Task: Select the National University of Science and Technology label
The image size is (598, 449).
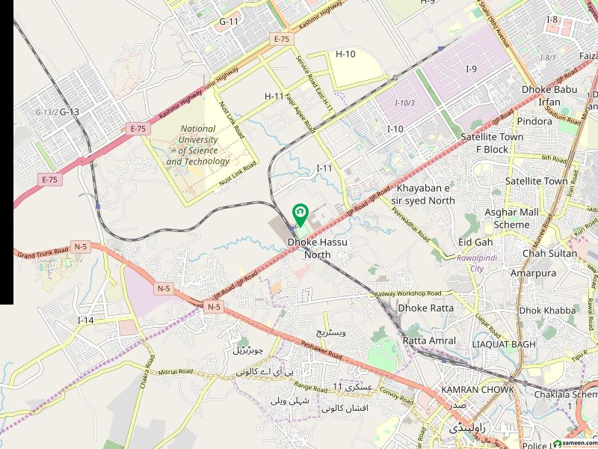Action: tap(198, 145)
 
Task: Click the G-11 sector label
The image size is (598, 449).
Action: tap(228, 22)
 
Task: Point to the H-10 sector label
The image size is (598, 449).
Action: tap(345, 54)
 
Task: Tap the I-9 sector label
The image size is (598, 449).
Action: tap(471, 70)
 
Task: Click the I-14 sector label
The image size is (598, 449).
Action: tap(86, 320)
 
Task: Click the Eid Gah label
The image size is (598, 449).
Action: tap(475, 242)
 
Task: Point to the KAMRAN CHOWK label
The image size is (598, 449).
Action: tap(477, 390)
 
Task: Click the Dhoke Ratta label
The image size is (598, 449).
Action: tap(425, 308)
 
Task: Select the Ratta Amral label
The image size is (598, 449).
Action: tap(429, 340)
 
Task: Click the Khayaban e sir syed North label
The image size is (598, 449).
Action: tap(425, 195)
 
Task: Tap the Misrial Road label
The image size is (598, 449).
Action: tap(176, 371)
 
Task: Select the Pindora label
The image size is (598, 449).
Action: tap(534, 120)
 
